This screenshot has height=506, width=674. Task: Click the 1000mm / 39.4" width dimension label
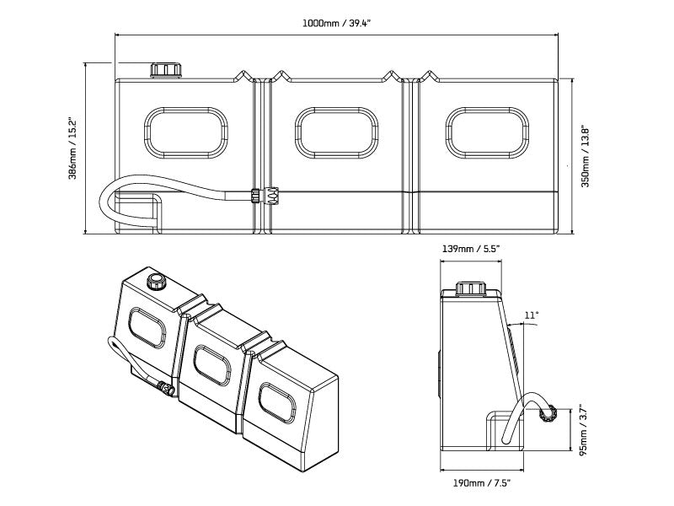pyautogui.click(x=336, y=24)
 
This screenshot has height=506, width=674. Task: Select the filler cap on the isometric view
pyautogui.click(x=155, y=280)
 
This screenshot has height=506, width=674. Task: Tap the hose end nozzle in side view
pyautogui.click(x=548, y=413)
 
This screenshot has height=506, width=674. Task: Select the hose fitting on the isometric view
pyautogui.click(x=166, y=390)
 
